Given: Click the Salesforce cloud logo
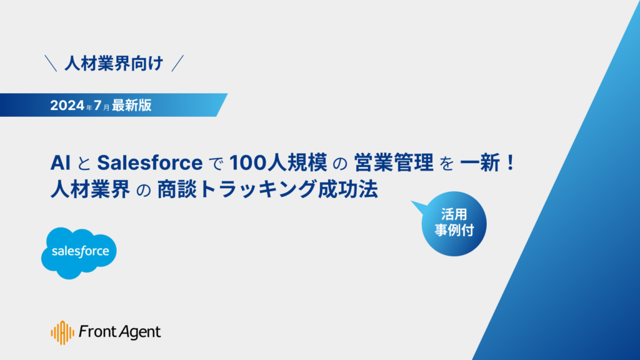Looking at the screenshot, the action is point(79,253).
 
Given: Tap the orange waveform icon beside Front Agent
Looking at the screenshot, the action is point(62,332).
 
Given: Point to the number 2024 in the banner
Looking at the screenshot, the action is point(67,105).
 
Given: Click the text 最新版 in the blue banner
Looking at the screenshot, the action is point(132,105).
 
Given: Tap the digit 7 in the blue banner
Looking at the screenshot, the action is point(97,105).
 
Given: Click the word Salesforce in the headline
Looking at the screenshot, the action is point(150,163).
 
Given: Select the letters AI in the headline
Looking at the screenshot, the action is point(61,163).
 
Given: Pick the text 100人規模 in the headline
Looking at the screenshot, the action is point(278,163).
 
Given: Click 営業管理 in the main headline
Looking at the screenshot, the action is point(394,163).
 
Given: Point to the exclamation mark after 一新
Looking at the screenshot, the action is point(510,163).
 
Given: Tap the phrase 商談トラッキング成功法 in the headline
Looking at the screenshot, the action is point(267,190).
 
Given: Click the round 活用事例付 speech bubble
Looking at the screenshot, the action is point(454,224).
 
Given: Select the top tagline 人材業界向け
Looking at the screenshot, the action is point(114,64).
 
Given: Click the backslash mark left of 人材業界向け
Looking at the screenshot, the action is point(51,64).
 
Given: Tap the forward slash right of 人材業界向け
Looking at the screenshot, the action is point(177,64).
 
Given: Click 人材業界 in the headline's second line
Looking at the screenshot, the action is point(90,190).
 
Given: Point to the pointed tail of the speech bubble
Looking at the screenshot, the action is point(412,202).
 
